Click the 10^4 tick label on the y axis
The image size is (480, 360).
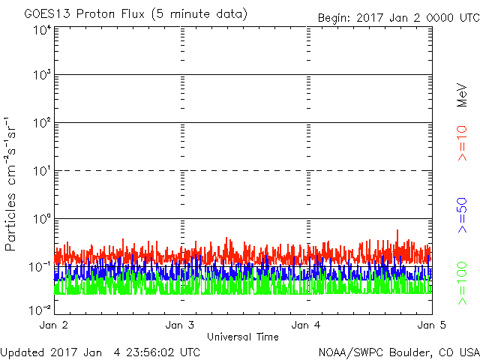(x=40, y=30)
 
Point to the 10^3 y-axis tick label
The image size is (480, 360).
(x=40, y=75)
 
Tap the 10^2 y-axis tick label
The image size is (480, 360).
(x=40, y=123)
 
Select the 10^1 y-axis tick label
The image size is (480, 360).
(x=40, y=171)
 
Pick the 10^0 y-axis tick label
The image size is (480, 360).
(x=40, y=219)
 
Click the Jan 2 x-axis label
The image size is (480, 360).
(x=53, y=325)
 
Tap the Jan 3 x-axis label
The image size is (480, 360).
(x=180, y=325)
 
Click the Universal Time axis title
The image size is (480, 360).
(x=243, y=337)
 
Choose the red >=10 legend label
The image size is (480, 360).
(x=463, y=142)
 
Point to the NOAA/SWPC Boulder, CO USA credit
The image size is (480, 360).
(x=398, y=351)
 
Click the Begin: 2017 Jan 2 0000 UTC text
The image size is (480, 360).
(x=397, y=17)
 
